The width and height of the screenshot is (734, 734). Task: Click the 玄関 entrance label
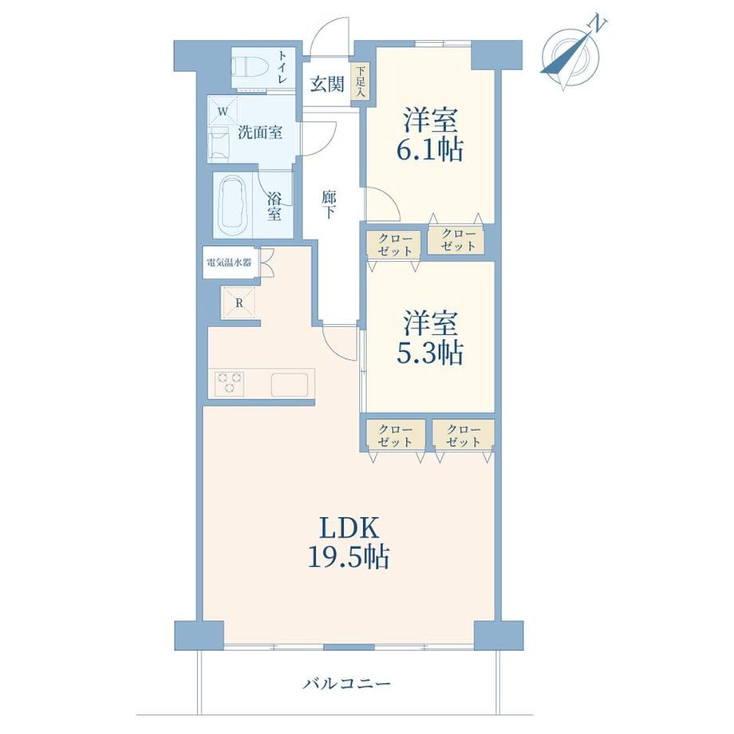(x=327, y=85)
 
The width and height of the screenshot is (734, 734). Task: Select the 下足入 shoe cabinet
(x=361, y=82)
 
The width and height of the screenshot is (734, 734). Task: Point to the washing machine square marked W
(x=223, y=111)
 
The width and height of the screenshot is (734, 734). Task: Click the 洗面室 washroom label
(x=260, y=132)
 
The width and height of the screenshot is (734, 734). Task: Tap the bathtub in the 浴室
(x=233, y=204)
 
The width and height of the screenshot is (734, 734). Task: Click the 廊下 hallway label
(x=329, y=205)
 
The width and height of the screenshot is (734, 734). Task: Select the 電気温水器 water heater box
(x=230, y=262)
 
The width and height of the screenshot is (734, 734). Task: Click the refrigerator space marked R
(x=239, y=302)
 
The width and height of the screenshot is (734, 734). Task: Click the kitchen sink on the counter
(x=290, y=385)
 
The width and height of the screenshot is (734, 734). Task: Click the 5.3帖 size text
(x=430, y=353)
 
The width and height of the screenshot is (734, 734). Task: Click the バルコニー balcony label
(x=346, y=684)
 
